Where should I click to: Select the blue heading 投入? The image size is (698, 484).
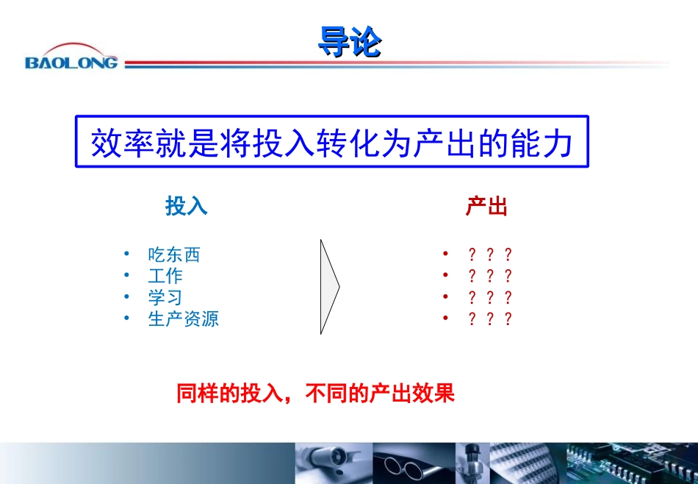click(x=187, y=207)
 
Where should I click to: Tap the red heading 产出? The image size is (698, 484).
click(x=486, y=207)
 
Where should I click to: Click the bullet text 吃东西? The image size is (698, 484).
click(x=174, y=255)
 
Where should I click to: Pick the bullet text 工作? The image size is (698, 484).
click(x=165, y=277)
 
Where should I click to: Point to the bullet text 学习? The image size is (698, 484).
click(x=165, y=298)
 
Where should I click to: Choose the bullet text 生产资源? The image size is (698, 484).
click(x=184, y=319)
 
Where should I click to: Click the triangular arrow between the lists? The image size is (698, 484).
click(x=328, y=286)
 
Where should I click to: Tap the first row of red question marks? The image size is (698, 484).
click(x=489, y=255)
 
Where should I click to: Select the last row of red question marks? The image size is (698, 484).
click(x=489, y=319)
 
